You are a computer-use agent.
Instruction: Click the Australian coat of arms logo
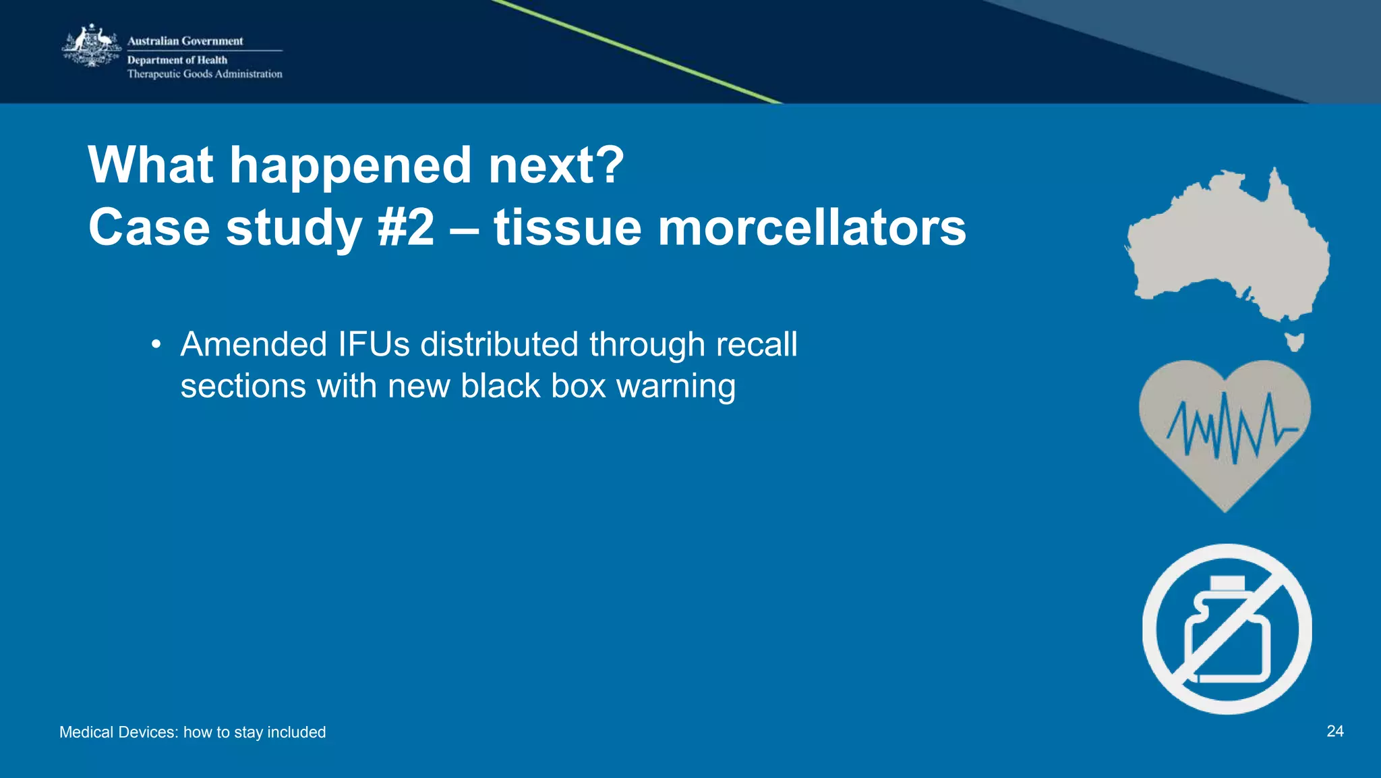coord(92,46)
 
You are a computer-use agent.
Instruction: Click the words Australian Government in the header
coord(185,41)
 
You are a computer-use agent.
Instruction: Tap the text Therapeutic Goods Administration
coord(204,74)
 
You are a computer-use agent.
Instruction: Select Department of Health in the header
coord(177,60)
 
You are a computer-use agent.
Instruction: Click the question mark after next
coord(611,165)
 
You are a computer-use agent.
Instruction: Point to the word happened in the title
coord(350,165)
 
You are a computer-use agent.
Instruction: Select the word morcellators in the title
coord(811,227)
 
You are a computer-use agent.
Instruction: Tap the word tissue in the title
coord(566,227)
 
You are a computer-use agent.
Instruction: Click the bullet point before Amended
coord(156,345)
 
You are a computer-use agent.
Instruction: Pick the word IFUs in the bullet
coord(374,344)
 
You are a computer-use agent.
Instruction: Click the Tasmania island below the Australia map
coord(1293,341)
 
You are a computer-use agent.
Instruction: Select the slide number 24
coord(1334,731)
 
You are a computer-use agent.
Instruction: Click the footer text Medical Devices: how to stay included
coord(192,732)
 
